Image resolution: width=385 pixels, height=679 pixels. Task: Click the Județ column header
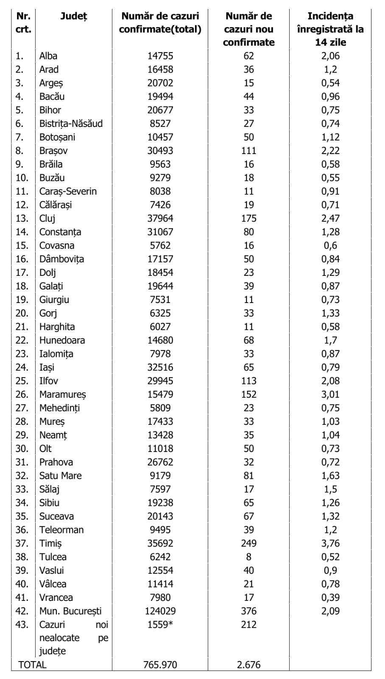pos(73,17)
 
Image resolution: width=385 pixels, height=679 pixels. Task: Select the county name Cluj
pos(47,218)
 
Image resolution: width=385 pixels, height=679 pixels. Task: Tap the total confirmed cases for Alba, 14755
pos(160,56)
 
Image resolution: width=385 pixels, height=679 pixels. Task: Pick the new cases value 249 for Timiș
pos(248,543)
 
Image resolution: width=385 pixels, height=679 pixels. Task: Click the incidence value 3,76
pos(330,543)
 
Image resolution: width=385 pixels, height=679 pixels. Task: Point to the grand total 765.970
pos(160,665)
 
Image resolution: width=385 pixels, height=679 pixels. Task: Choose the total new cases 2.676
pos(248,665)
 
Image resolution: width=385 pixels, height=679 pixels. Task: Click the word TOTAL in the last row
pos(32,665)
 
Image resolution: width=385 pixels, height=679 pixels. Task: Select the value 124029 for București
pos(160,611)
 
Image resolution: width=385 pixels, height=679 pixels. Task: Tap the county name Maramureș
pos(63,394)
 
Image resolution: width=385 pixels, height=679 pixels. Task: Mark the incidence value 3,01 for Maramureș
pos(330,394)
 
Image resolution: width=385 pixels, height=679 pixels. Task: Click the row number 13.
pos(22,218)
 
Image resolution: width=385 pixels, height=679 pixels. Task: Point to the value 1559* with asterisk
pos(160,625)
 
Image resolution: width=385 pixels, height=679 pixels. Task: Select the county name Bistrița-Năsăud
pos(71,123)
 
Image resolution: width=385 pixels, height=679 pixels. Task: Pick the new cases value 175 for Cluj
pos(248,218)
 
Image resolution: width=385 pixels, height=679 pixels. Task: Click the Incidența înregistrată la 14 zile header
pos(330,29)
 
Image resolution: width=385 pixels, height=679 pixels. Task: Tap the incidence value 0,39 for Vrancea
pos(330,598)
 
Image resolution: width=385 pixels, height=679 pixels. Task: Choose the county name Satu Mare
pos(60,476)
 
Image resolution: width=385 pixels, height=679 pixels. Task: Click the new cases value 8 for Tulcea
pos(248,557)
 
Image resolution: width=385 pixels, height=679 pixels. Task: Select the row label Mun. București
pos(70,611)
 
